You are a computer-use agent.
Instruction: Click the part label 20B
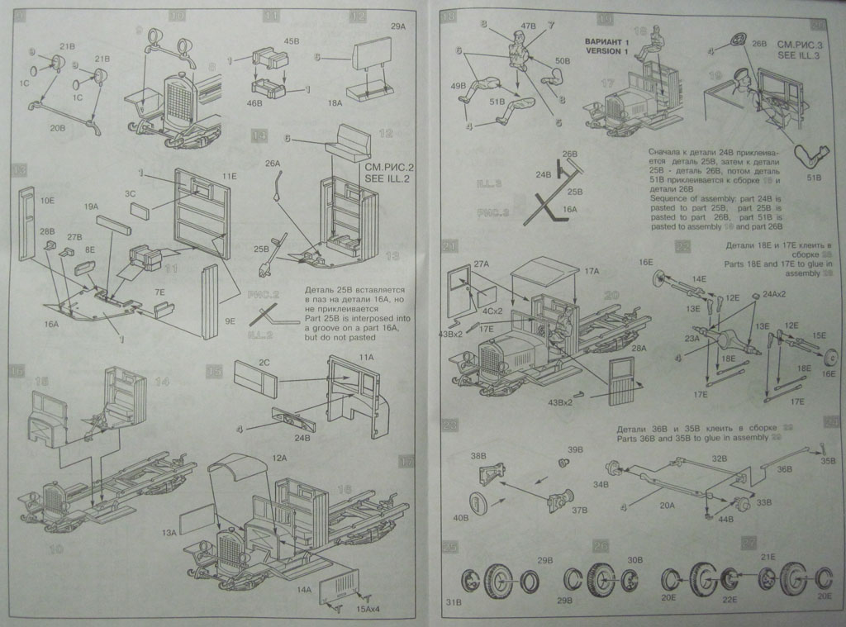[x=57, y=128]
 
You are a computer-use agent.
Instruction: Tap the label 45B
[x=291, y=40]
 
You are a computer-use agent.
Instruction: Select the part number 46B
[x=254, y=104]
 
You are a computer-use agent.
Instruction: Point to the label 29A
[x=399, y=27]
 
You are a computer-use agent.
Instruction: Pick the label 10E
[x=46, y=200]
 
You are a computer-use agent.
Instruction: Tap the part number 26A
[x=273, y=164]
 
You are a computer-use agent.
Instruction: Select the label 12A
[x=278, y=458]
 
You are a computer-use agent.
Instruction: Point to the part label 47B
[x=528, y=27]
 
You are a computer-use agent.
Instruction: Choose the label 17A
[x=591, y=270]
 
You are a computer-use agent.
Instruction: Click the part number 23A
[x=692, y=337]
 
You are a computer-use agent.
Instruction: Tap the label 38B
[x=478, y=456]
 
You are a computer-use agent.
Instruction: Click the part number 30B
[x=634, y=560]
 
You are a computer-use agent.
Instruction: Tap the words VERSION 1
[x=608, y=51]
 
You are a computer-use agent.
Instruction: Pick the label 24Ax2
[x=775, y=294]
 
